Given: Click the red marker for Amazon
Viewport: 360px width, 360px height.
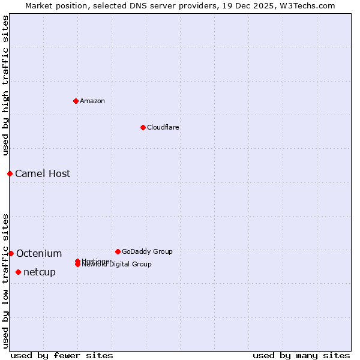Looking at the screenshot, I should point(76,101).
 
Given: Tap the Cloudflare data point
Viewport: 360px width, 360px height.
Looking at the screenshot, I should point(143,127).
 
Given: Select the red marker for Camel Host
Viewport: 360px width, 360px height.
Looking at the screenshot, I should point(10,173).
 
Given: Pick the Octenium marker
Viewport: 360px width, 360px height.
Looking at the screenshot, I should point(11,253).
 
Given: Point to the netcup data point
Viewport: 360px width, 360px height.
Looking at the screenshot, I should point(18,272).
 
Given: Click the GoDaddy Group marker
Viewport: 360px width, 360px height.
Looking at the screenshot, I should point(118,251).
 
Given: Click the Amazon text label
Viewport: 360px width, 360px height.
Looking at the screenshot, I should point(92,101).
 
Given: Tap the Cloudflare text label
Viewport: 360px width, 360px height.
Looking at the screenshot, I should point(163,127).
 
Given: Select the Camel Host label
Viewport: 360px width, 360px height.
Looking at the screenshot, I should point(43,174).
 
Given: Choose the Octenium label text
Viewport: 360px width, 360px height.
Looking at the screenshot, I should point(39,254).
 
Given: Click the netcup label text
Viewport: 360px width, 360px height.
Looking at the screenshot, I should point(40,272).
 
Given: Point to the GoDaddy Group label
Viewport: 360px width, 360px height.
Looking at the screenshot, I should point(147,252).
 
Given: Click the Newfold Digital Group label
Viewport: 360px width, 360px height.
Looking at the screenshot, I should point(117,265).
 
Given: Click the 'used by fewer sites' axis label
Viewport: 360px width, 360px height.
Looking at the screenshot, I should point(62,355).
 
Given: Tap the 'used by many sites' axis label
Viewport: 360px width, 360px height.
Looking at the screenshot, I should point(301,355).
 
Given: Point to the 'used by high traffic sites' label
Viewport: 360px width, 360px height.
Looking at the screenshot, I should point(5,85).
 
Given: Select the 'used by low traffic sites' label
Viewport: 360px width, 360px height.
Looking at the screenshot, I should point(5,281).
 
